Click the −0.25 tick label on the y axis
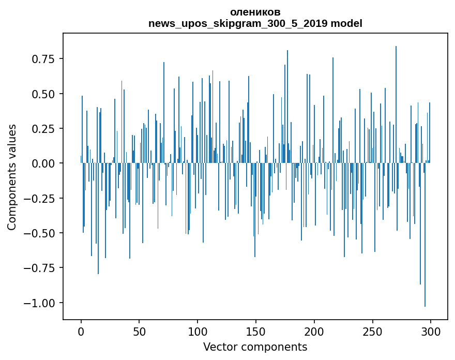pyautogui.click(x=41, y=198)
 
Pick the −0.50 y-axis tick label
pyautogui.click(x=41, y=233)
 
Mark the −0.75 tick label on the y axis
pyautogui.click(x=41, y=268)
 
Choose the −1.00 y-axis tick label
pyautogui.click(x=41, y=303)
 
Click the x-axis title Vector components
pyautogui.click(x=255, y=347)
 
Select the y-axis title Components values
pyautogui.click(x=12, y=177)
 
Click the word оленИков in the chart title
pyautogui.click(x=255, y=12)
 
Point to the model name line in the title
pyautogui.click(x=255, y=23)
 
